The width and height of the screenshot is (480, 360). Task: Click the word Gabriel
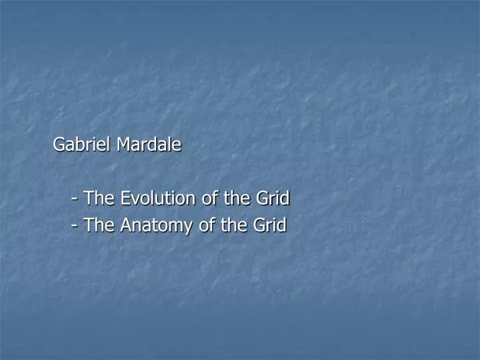(x=82, y=145)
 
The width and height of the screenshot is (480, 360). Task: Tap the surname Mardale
(x=149, y=145)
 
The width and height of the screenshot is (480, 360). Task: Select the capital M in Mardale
(x=123, y=145)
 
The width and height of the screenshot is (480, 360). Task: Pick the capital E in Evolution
(x=125, y=198)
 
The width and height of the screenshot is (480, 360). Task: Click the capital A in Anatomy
(x=126, y=226)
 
